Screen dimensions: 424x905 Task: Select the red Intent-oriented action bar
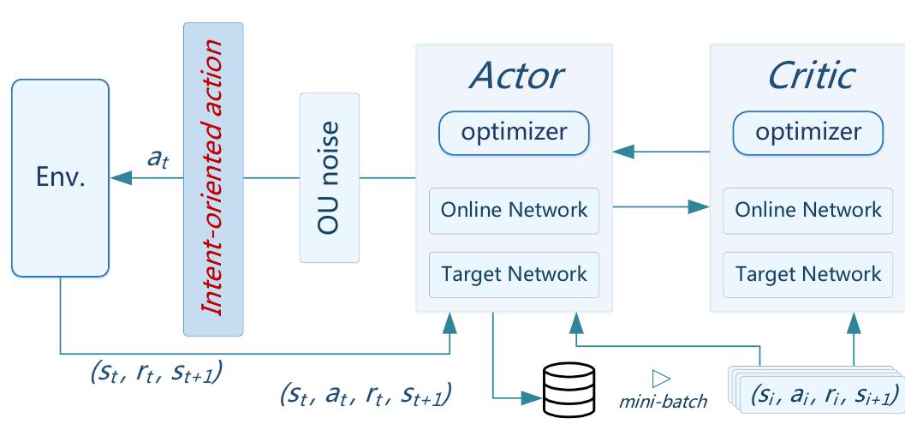213,179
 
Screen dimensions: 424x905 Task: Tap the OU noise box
330,177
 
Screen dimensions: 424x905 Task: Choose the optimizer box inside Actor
514,133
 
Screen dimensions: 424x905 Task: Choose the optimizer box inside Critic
808,133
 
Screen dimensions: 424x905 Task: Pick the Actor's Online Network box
514,210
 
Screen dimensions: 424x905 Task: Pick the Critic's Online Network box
808,210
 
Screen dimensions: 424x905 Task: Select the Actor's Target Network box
514,275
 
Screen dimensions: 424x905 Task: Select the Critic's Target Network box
808,275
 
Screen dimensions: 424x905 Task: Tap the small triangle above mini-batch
659,378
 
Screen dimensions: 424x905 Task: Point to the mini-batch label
664,400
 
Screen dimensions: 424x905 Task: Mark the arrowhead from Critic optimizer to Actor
622,152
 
